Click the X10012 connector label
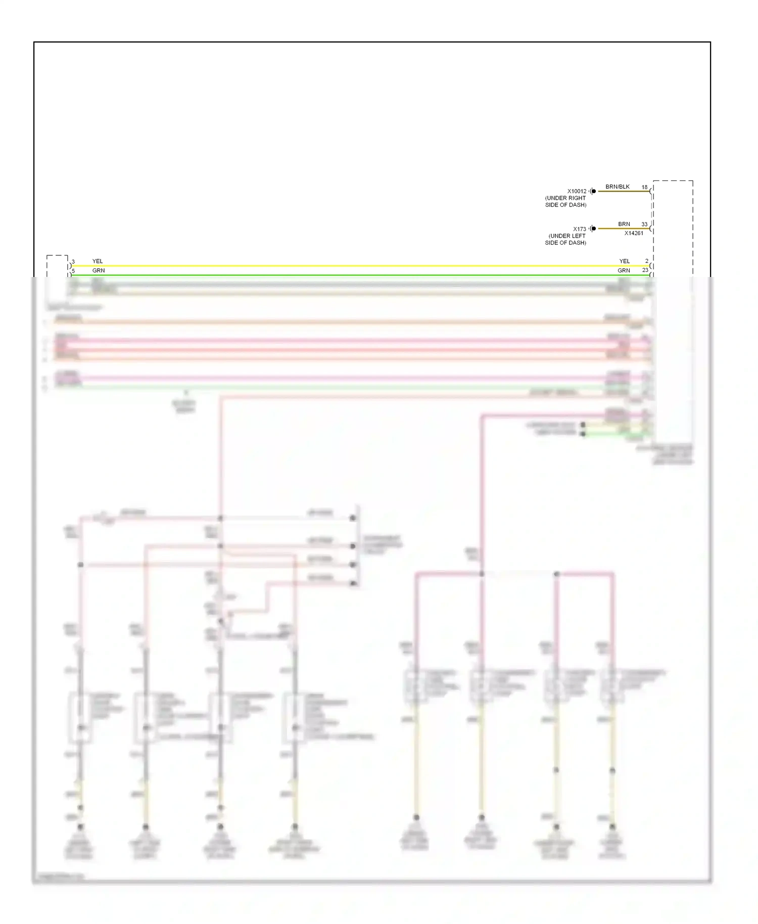pos(577,191)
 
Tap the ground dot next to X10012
pos(594,191)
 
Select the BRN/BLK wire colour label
pos(618,187)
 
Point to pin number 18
pos(644,187)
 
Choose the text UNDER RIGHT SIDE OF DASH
pos(565,202)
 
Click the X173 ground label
pos(579,229)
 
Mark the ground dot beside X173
pos(594,228)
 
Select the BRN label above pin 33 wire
pos(624,224)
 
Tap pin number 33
pos(644,224)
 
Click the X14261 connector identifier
pos(634,234)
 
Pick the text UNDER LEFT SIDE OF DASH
pos(565,240)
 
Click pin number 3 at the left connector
pos(73,262)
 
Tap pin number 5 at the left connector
pos(73,271)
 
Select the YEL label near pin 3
pos(98,261)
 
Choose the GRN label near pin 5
pos(99,270)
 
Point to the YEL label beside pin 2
pos(625,261)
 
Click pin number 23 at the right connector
pos(645,270)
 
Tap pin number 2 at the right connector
pos(646,261)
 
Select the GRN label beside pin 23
pos(624,270)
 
